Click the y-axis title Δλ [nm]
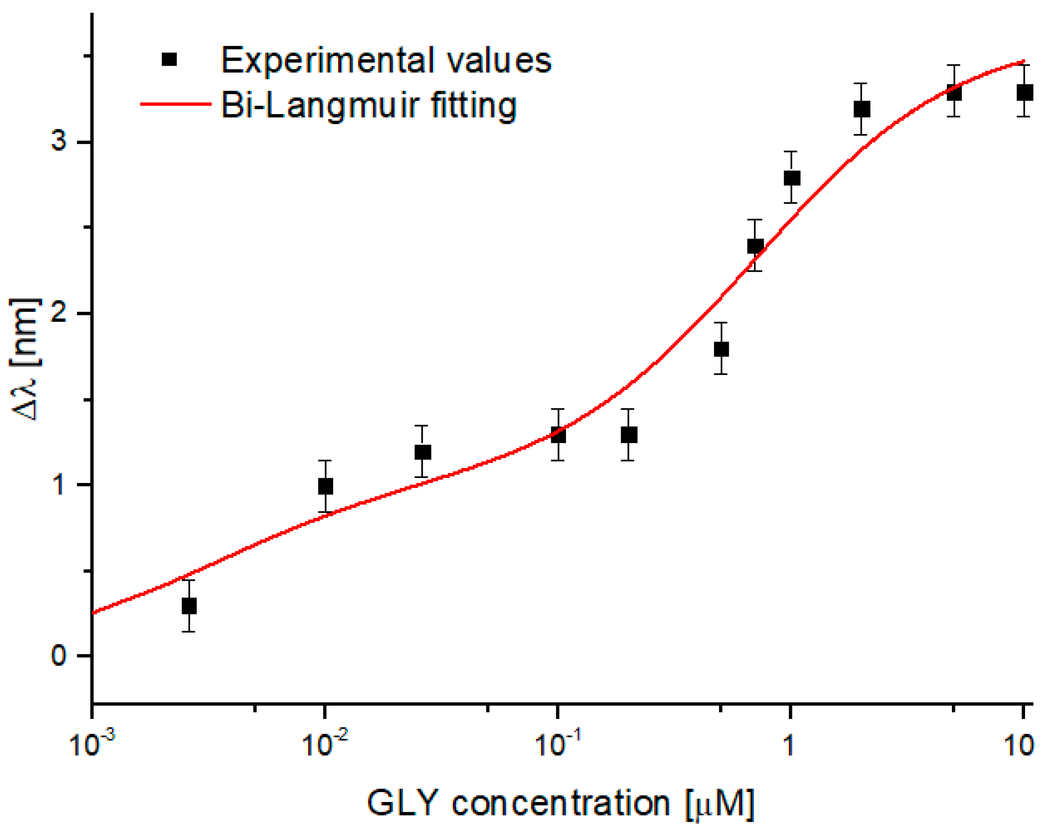pyautogui.click(x=26, y=360)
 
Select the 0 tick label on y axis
pyautogui.click(x=58, y=655)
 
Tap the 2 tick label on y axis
pyautogui.click(x=58, y=313)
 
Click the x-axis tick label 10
pyautogui.click(x=1020, y=745)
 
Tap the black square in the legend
pyautogui.click(x=169, y=60)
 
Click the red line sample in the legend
pyautogui.click(x=176, y=104)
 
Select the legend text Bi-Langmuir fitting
pyautogui.click(x=369, y=106)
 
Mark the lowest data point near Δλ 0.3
pyautogui.click(x=189, y=606)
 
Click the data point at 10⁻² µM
pyautogui.click(x=325, y=486)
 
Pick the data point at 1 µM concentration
pyautogui.click(x=792, y=178)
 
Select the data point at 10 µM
pyautogui.click(x=1025, y=92)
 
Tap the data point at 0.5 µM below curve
pyautogui.click(x=721, y=349)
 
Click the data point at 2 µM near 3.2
pyautogui.click(x=862, y=109)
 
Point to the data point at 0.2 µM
pyautogui.click(x=629, y=434)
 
